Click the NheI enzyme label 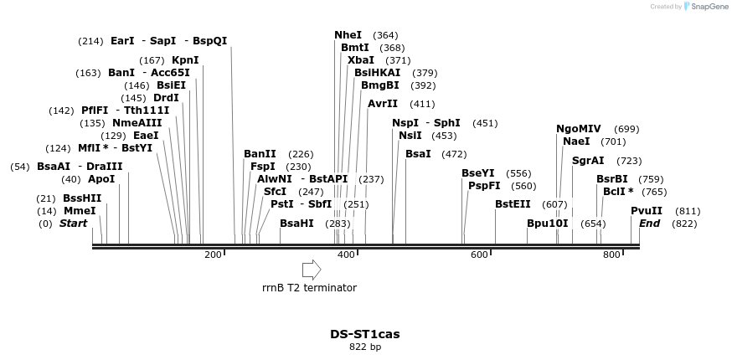(348, 35)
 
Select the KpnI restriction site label (185, 60)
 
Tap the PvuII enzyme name (647, 211)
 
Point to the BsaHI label (296, 224)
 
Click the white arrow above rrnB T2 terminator (311, 270)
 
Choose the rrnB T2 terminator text (309, 288)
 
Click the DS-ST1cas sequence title (364, 334)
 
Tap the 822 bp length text (364, 347)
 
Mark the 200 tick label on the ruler (213, 255)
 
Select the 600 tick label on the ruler (479, 255)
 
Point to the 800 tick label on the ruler (611, 255)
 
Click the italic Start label (73, 224)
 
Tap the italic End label (649, 224)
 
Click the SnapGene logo (708, 7)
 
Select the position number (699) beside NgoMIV (626, 129)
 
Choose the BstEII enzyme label (513, 204)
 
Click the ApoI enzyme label (101, 179)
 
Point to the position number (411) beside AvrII (422, 104)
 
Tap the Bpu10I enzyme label (547, 224)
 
